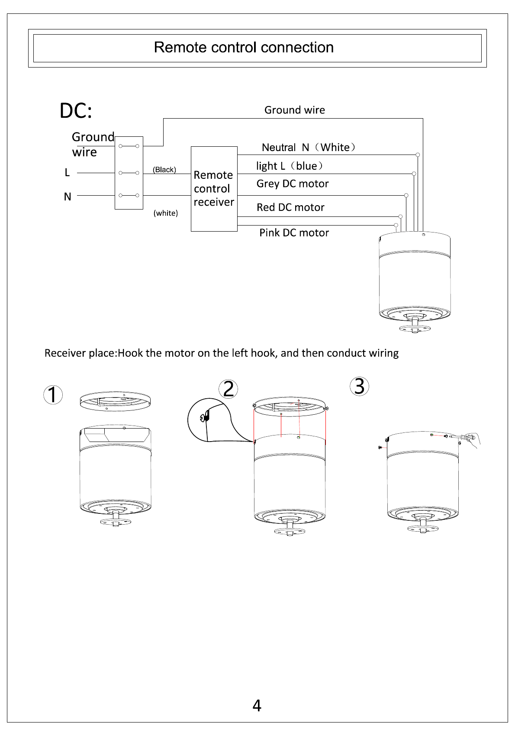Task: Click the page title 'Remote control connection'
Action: (244, 48)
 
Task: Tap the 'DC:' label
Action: (76, 111)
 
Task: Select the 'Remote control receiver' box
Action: (214, 189)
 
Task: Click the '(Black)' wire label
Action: (164, 170)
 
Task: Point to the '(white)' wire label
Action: (166, 213)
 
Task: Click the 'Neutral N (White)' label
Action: (309, 148)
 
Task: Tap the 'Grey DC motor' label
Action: (293, 184)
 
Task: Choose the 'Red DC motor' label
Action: (290, 207)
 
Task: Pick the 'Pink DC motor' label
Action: (294, 233)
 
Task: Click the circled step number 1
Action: (53, 395)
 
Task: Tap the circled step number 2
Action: (228, 389)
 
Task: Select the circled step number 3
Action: (359, 386)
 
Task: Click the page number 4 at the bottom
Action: (257, 706)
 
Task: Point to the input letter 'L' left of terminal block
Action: (68, 172)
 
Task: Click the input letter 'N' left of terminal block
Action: (68, 197)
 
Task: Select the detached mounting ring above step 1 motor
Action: (115, 401)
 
